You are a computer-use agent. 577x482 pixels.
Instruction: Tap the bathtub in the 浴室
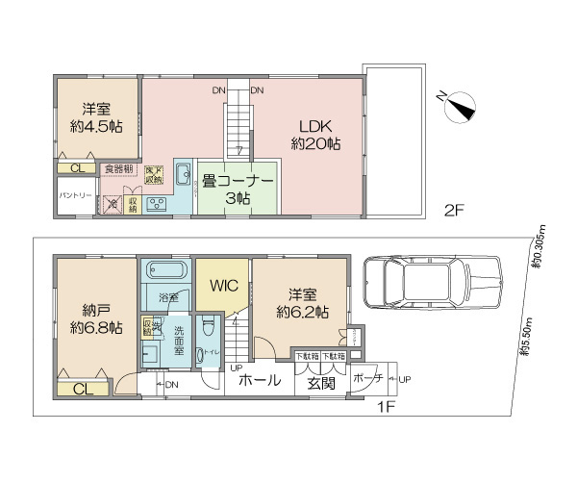coord(166,273)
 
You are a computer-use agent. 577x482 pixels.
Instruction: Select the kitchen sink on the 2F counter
coord(184,174)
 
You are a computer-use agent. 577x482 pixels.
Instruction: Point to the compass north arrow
coord(460,108)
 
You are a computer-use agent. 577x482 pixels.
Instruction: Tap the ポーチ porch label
coord(365,379)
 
